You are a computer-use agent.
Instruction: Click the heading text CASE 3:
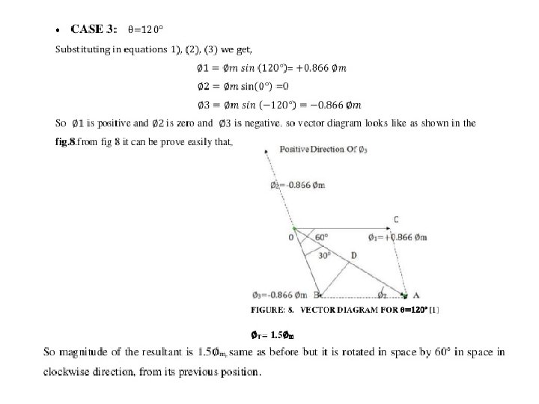click(x=93, y=29)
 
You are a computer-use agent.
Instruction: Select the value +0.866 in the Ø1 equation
click(x=313, y=69)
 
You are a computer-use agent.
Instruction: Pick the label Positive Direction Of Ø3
click(x=323, y=150)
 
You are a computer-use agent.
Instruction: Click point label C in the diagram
click(x=395, y=219)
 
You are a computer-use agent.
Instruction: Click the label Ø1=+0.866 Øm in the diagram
click(x=398, y=238)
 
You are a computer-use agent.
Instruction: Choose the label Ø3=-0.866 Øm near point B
click(x=281, y=293)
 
